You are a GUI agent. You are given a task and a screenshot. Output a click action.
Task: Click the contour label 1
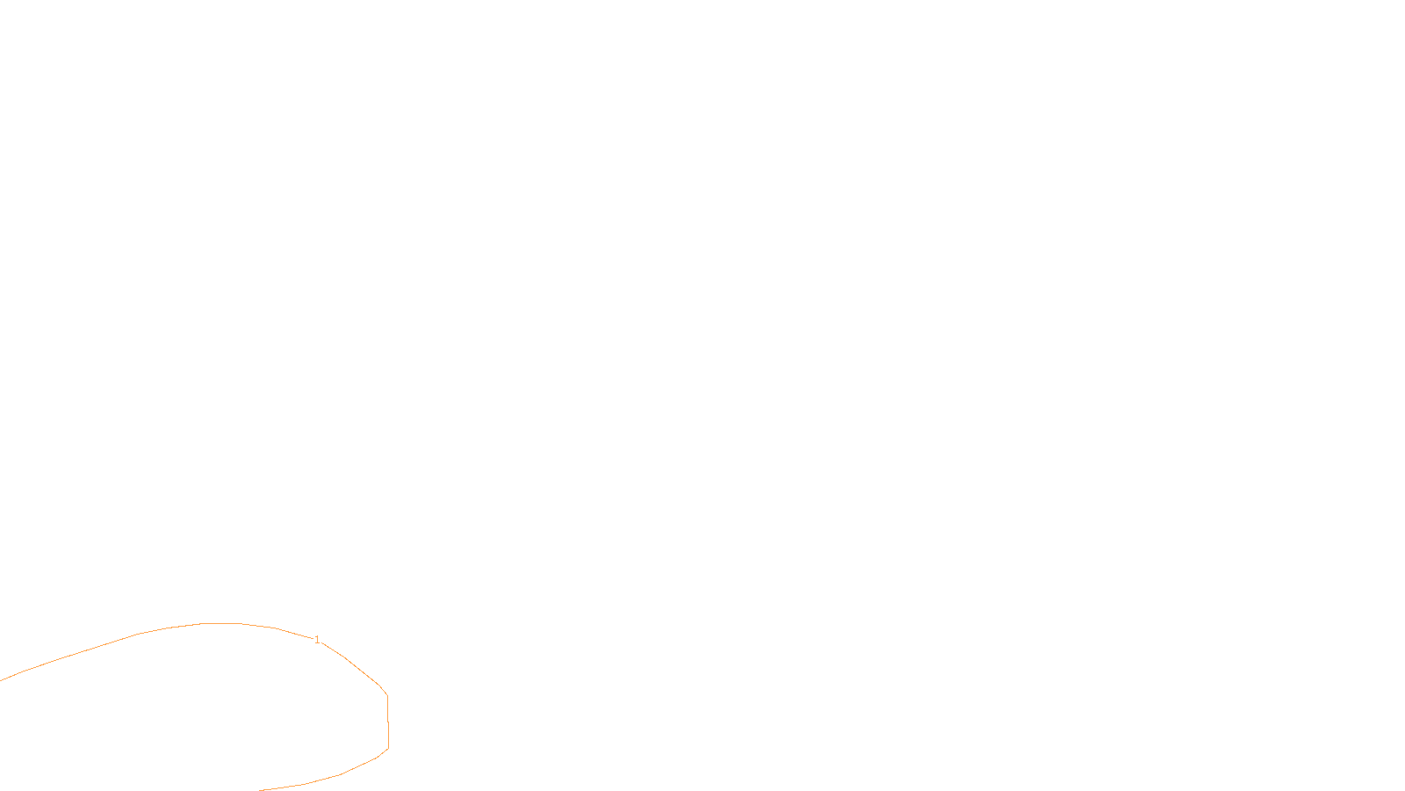(x=317, y=640)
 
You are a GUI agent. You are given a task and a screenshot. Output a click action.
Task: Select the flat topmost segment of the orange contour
(x=221, y=623)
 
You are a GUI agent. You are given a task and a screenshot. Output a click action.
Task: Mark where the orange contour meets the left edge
(x=1, y=680)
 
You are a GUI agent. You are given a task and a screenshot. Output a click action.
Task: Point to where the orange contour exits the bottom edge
(x=262, y=789)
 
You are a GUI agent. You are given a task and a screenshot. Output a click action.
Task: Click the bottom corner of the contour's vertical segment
(x=388, y=748)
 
